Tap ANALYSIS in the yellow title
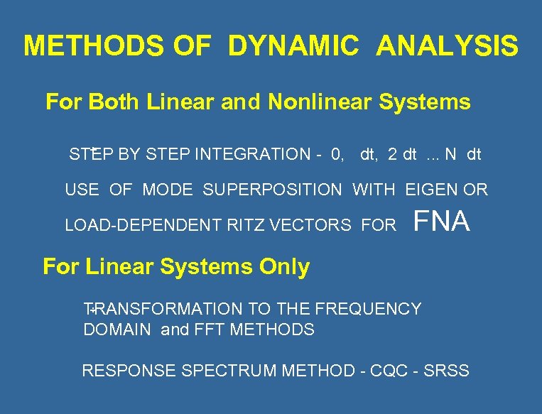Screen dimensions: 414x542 [x=448, y=46]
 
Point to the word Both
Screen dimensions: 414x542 [x=115, y=102]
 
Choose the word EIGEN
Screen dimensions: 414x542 [x=432, y=190]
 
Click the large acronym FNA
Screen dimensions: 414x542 [x=441, y=222]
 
